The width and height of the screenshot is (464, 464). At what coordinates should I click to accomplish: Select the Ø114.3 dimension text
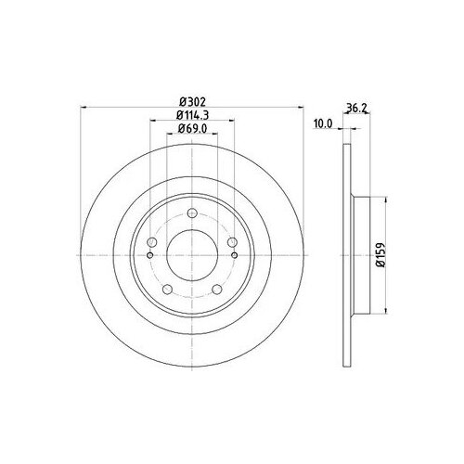pos(191,115)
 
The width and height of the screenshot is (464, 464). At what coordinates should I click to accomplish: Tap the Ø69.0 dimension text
pos(191,131)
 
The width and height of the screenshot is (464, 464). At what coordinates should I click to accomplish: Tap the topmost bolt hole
pos(191,215)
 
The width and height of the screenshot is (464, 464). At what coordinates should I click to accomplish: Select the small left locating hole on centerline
pos(149,251)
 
